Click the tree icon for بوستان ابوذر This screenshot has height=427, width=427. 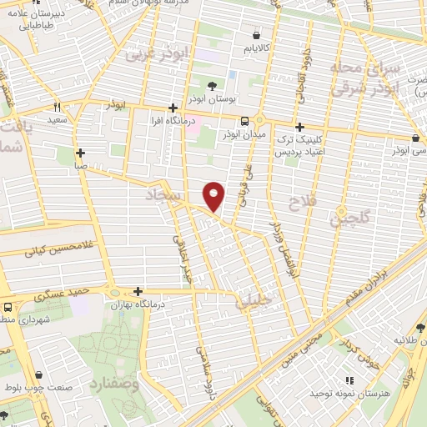tap(213, 85)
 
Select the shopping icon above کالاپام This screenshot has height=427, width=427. tap(255, 35)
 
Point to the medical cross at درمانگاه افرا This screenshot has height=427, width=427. tap(173, 108)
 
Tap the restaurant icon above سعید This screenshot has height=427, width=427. tap(58, 107)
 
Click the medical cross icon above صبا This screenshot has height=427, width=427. tap(80, 153)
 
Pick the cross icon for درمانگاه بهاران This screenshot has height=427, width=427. tap(138, 291)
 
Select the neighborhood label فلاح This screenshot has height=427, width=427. tap(299, 203)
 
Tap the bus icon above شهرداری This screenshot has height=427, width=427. tap(7, 306)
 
